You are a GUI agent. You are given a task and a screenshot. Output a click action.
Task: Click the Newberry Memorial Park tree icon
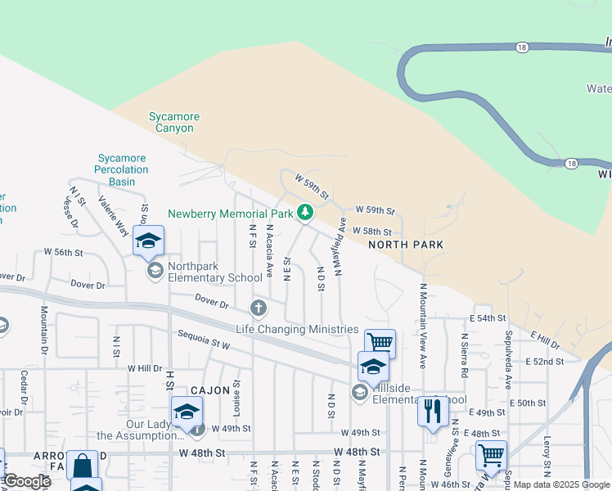tap(305, 213)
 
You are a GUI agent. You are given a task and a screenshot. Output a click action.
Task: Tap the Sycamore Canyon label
tap(173, 123)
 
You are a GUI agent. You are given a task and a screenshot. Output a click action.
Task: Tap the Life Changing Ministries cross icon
tap(259, 309)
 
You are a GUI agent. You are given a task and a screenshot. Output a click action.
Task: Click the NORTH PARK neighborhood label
tap(406, 245)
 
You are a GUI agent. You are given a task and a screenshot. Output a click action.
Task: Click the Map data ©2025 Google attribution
tap(562, 484)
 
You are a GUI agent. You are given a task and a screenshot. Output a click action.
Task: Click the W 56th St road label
tap(65, 251)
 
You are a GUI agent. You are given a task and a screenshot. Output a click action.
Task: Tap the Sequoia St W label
tap(204, 338)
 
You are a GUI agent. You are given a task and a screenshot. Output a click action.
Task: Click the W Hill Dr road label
tap(145, 368)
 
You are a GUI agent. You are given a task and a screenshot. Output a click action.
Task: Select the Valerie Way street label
tap(114, 215)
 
